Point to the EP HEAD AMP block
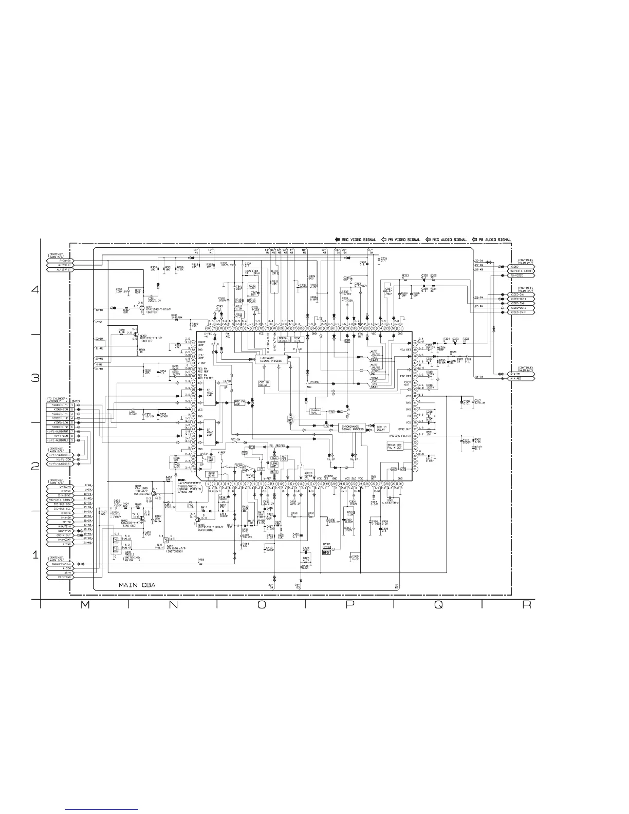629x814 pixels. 209,392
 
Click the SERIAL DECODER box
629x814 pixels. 283,339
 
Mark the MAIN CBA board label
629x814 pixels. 137,585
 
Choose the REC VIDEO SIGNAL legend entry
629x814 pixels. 355,239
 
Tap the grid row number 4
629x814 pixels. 35,289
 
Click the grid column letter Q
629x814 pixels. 438,605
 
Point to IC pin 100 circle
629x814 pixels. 193,469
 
